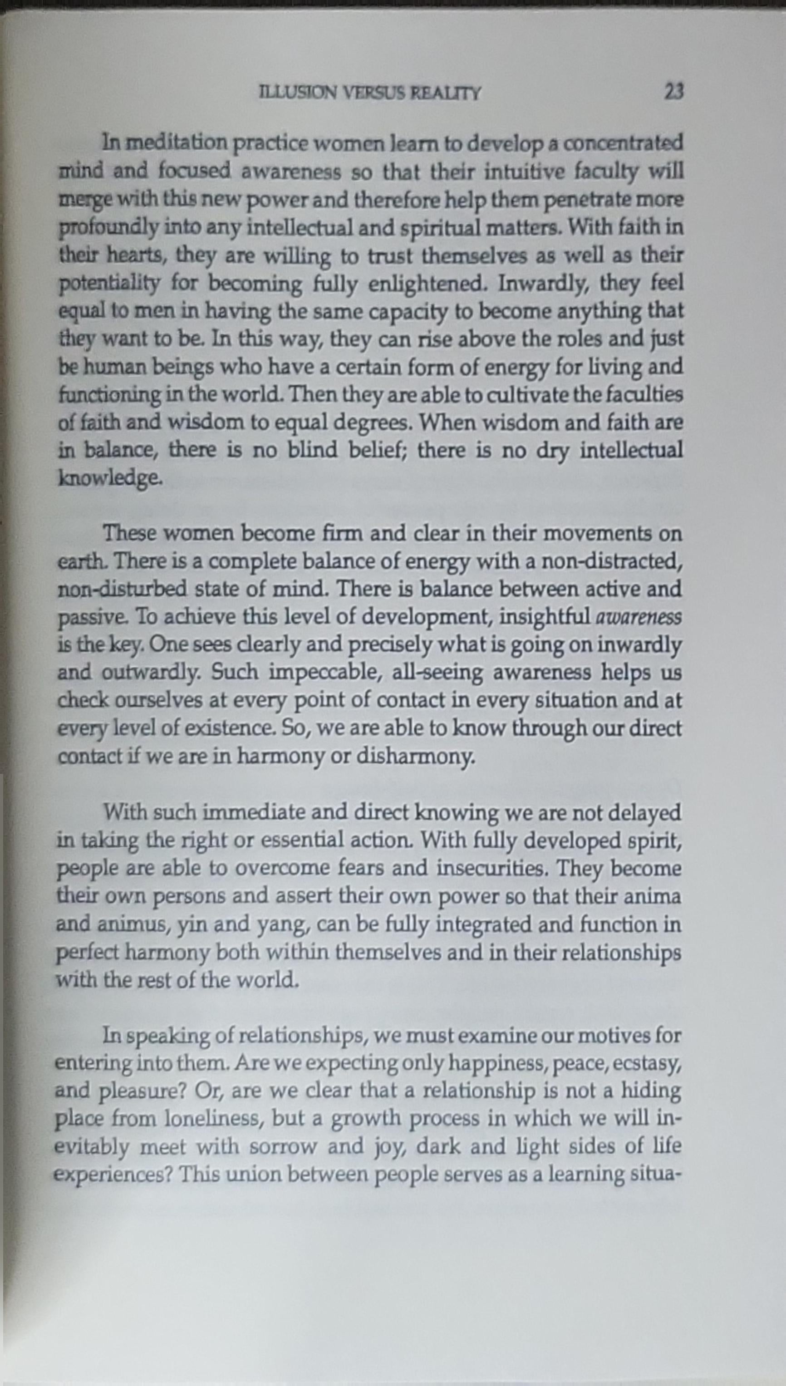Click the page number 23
(x=674, y=91)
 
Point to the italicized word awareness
(x=638, y=617)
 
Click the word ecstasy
(x=647, y=1063)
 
